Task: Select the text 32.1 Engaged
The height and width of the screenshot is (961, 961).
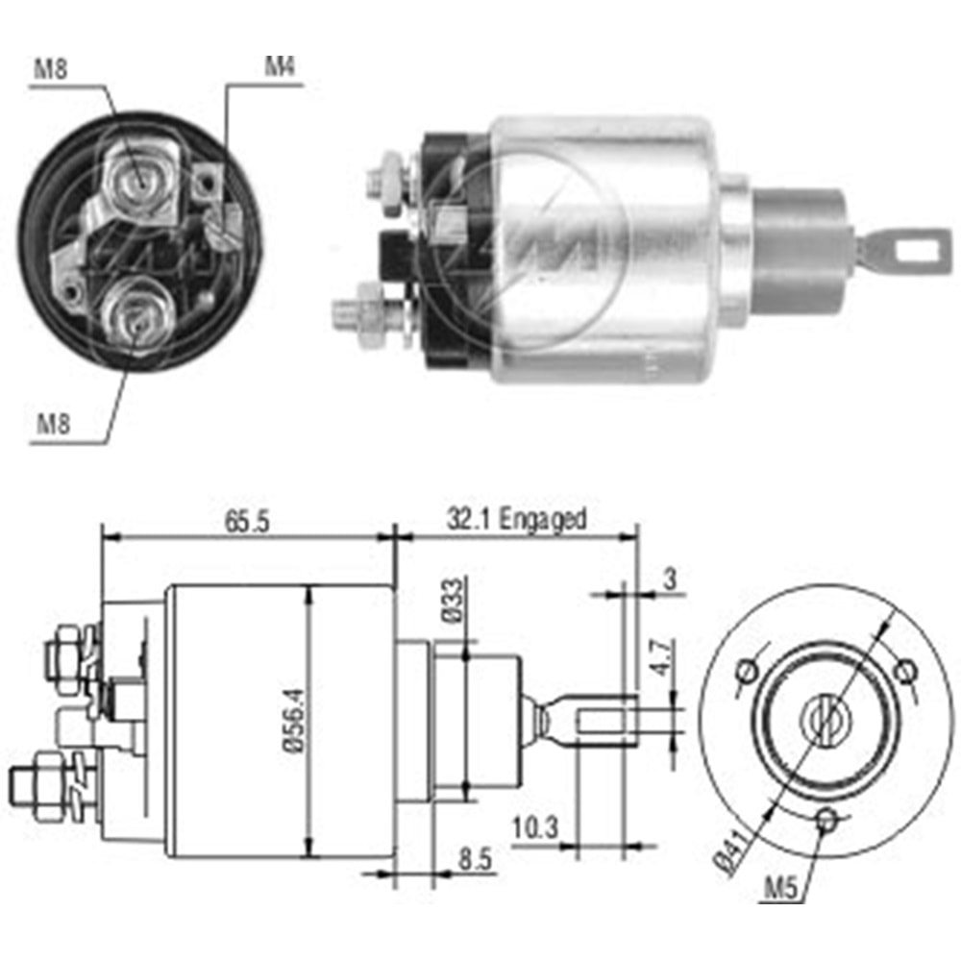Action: (516, 520)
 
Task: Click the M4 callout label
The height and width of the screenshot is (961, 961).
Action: (280, 68)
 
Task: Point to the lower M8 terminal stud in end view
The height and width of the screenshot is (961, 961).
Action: (136, 315)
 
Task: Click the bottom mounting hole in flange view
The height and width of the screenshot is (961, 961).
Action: (825, 819)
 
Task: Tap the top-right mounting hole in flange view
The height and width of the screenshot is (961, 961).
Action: (902, 669)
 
